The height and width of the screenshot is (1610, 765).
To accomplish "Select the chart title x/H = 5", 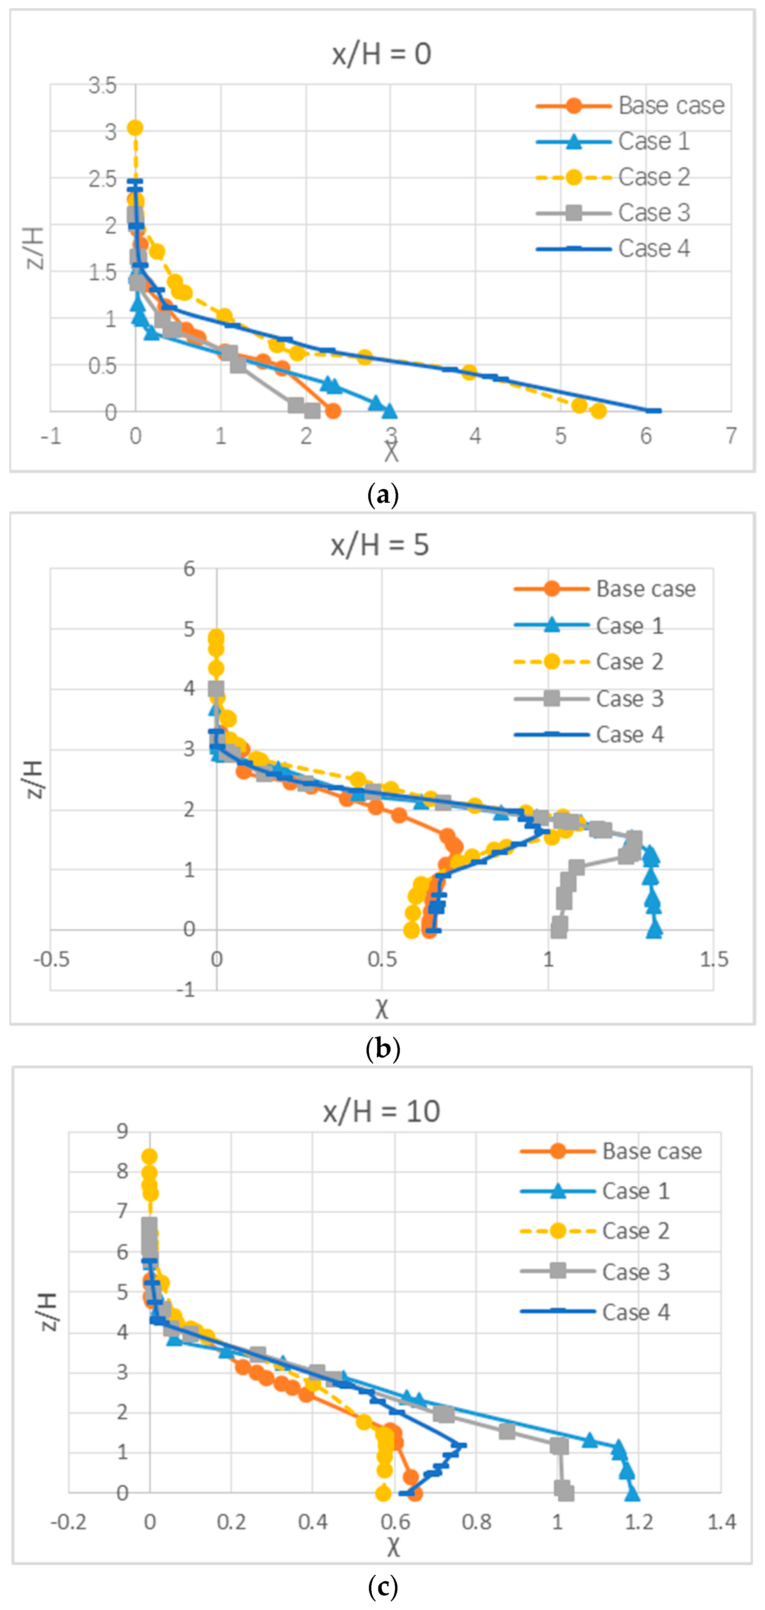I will [x=380, y=545].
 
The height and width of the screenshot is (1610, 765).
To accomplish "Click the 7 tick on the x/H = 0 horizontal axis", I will [x=731, y=436].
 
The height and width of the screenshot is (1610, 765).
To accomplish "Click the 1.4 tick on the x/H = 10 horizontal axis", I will [x=721, y=1522].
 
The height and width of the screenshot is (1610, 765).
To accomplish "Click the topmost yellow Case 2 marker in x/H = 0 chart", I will [x=135, y=128].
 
